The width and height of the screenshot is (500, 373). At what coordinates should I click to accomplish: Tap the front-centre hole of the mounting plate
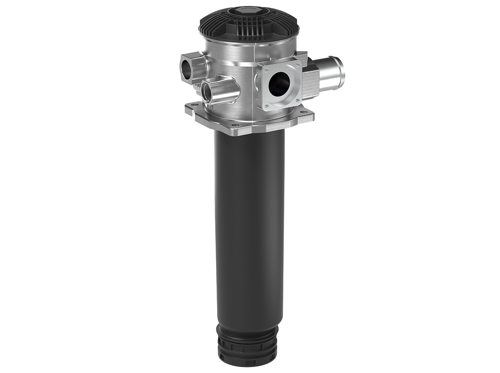pyautogui.click(x=234, y=125)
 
